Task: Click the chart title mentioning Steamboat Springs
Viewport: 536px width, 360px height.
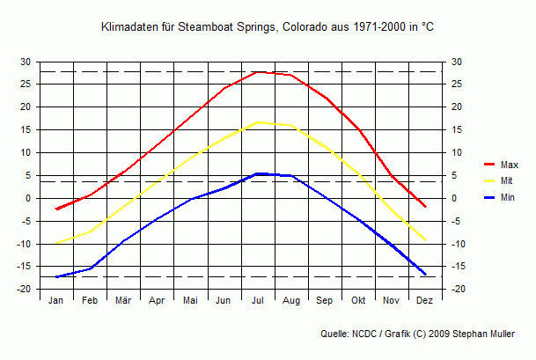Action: pos(268,27)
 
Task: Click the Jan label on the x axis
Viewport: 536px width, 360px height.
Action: pos(56,300)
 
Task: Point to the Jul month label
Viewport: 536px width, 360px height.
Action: pos(257,300)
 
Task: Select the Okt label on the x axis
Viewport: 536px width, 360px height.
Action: pos(358,300)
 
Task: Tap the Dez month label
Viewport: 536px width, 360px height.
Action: pos(425,300)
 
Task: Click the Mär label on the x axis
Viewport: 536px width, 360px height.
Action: pos(123,300)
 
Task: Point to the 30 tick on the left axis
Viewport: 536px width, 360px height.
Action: pos(25,62)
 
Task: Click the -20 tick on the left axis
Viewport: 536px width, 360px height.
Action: pos(23,289)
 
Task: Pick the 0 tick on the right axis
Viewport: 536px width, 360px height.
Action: pos(454,198)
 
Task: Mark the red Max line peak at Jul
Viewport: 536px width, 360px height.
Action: pos(257,72)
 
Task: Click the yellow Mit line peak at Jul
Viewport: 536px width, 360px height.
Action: pos(257,122)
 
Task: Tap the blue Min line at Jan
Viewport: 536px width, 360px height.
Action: pos(56,276)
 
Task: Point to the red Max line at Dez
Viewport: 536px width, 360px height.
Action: pos(425,206)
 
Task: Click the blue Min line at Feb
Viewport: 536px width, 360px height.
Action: pos(90,268)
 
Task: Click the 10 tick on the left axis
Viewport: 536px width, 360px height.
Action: pos(25,152)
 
